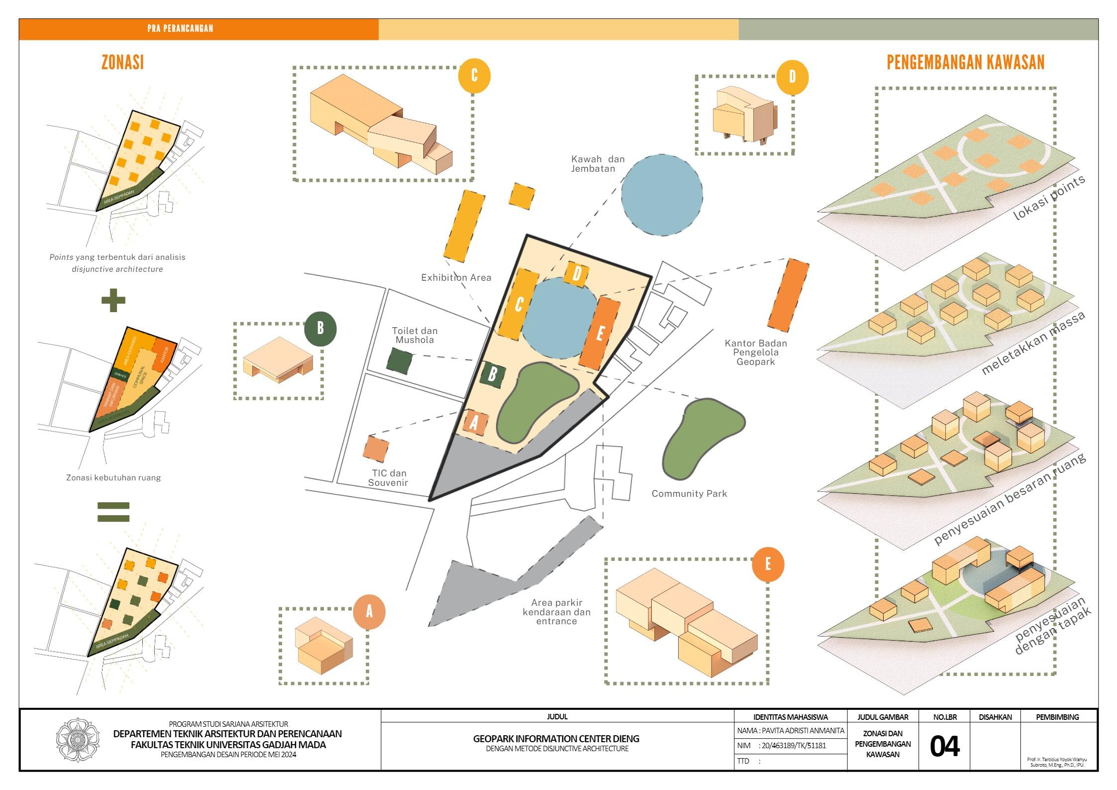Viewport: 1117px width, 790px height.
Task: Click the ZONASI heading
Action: (x=122, y=63)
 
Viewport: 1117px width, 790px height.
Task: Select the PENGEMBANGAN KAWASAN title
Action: (x=965, y=63)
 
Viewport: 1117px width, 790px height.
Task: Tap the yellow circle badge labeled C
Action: (x=474, y=76)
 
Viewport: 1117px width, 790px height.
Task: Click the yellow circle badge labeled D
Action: (x=792, y=77)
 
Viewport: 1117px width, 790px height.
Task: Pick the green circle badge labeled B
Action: (x=320, y=329)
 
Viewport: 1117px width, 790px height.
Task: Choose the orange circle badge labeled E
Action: (x=768, y=564)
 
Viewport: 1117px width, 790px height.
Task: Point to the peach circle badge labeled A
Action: (x=369, y=612)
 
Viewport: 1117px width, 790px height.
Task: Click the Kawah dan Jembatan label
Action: (x=597, y=164)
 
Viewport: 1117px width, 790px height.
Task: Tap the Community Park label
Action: (x=689, y=494)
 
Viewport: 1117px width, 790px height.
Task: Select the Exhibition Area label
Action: (x=456, y=278)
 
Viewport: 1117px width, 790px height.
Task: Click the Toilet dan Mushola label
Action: (x=414, y=336)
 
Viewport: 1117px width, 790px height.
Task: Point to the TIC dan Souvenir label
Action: (x=388, y=478)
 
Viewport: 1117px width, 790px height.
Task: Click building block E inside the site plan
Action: (x=600, y=333)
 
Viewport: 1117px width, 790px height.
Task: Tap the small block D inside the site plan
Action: (x=577, y=273)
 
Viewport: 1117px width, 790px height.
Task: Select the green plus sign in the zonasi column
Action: (x=113, y=300)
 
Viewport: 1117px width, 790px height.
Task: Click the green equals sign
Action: (x=113, y=512)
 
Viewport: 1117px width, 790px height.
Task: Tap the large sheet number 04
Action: (x=944, y=747)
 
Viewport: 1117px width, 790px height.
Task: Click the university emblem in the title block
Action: (x=78, y=740)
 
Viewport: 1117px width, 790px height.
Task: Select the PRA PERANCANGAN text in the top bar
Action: (x=180, y=29)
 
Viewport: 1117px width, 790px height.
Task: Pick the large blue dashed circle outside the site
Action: (x=662, y=195)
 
